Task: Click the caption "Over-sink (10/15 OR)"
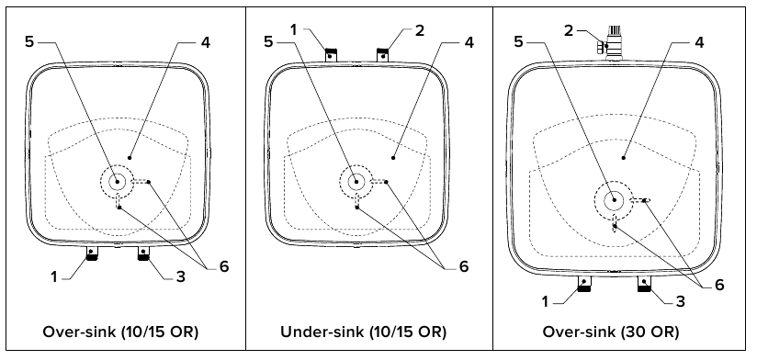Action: [120, 332]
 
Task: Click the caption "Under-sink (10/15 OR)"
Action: [364, 332]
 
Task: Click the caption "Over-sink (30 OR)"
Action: [611, 332]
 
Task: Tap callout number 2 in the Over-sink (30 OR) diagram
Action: [569, 31]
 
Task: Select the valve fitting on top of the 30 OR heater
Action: [611, 43]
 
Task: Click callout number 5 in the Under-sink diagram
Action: [268, 42]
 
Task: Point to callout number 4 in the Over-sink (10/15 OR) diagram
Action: [206, 42]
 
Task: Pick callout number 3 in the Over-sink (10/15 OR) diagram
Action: [181, 277]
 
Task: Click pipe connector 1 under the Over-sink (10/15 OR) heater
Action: [91, 253]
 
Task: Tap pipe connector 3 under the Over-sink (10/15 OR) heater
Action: [143, 253]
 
